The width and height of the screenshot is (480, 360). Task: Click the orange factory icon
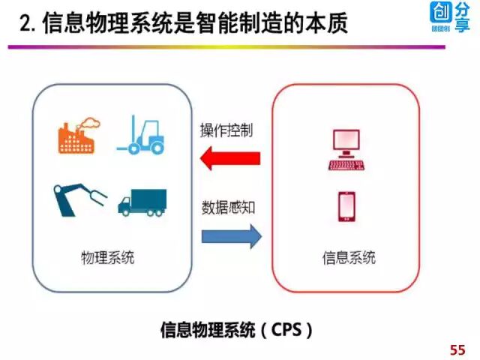78,136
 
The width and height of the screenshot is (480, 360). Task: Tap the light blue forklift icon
142,134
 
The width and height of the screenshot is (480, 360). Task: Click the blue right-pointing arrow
231,237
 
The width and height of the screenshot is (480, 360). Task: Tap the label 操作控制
226,130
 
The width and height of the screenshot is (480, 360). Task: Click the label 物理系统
108,259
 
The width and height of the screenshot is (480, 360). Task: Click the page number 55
457,349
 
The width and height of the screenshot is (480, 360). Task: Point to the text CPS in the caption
289,329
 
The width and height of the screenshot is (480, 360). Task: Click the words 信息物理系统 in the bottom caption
205,329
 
